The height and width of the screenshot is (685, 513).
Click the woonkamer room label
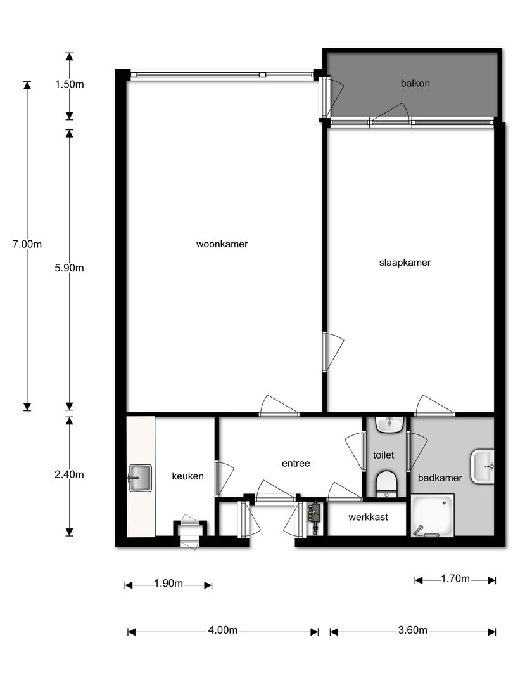point(222,244)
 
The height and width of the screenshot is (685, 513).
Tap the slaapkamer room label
point(405,263)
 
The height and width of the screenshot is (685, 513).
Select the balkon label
point(415,83)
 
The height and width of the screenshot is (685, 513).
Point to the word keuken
point(187,476)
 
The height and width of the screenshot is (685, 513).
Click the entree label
point(296,463)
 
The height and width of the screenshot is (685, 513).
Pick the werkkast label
point(368,518)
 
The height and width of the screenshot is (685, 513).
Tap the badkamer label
point(440,478)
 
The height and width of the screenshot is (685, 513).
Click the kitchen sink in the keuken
point(139,478)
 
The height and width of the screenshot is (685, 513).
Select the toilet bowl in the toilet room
point(386,483)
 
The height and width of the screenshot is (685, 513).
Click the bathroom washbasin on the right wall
point(483,466)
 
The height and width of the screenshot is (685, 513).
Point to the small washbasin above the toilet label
point(389,424)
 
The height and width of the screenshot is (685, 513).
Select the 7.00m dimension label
point(27,244)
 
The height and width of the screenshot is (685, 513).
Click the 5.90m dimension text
point(69,268)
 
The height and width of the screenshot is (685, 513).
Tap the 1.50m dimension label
point(69,84)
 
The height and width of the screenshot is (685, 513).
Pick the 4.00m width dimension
point(222,630)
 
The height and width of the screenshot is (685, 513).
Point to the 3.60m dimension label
point(413,630)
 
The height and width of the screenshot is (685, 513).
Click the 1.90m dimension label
point(168,584)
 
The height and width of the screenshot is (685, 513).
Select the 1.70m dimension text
point(455,579)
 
